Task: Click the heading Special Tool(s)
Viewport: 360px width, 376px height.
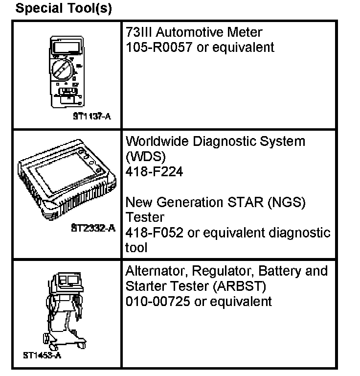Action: point(64,9)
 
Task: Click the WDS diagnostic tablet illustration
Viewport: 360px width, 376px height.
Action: point(66,181)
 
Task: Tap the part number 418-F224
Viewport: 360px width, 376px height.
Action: point(155,172)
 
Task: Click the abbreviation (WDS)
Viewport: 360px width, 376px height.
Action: point(144,157)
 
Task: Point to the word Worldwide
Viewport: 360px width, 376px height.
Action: point(156,141)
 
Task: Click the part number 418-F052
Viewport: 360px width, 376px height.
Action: point(155,233)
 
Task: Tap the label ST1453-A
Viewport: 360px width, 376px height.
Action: point(43,355)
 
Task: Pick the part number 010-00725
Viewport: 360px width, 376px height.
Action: point(158,301)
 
